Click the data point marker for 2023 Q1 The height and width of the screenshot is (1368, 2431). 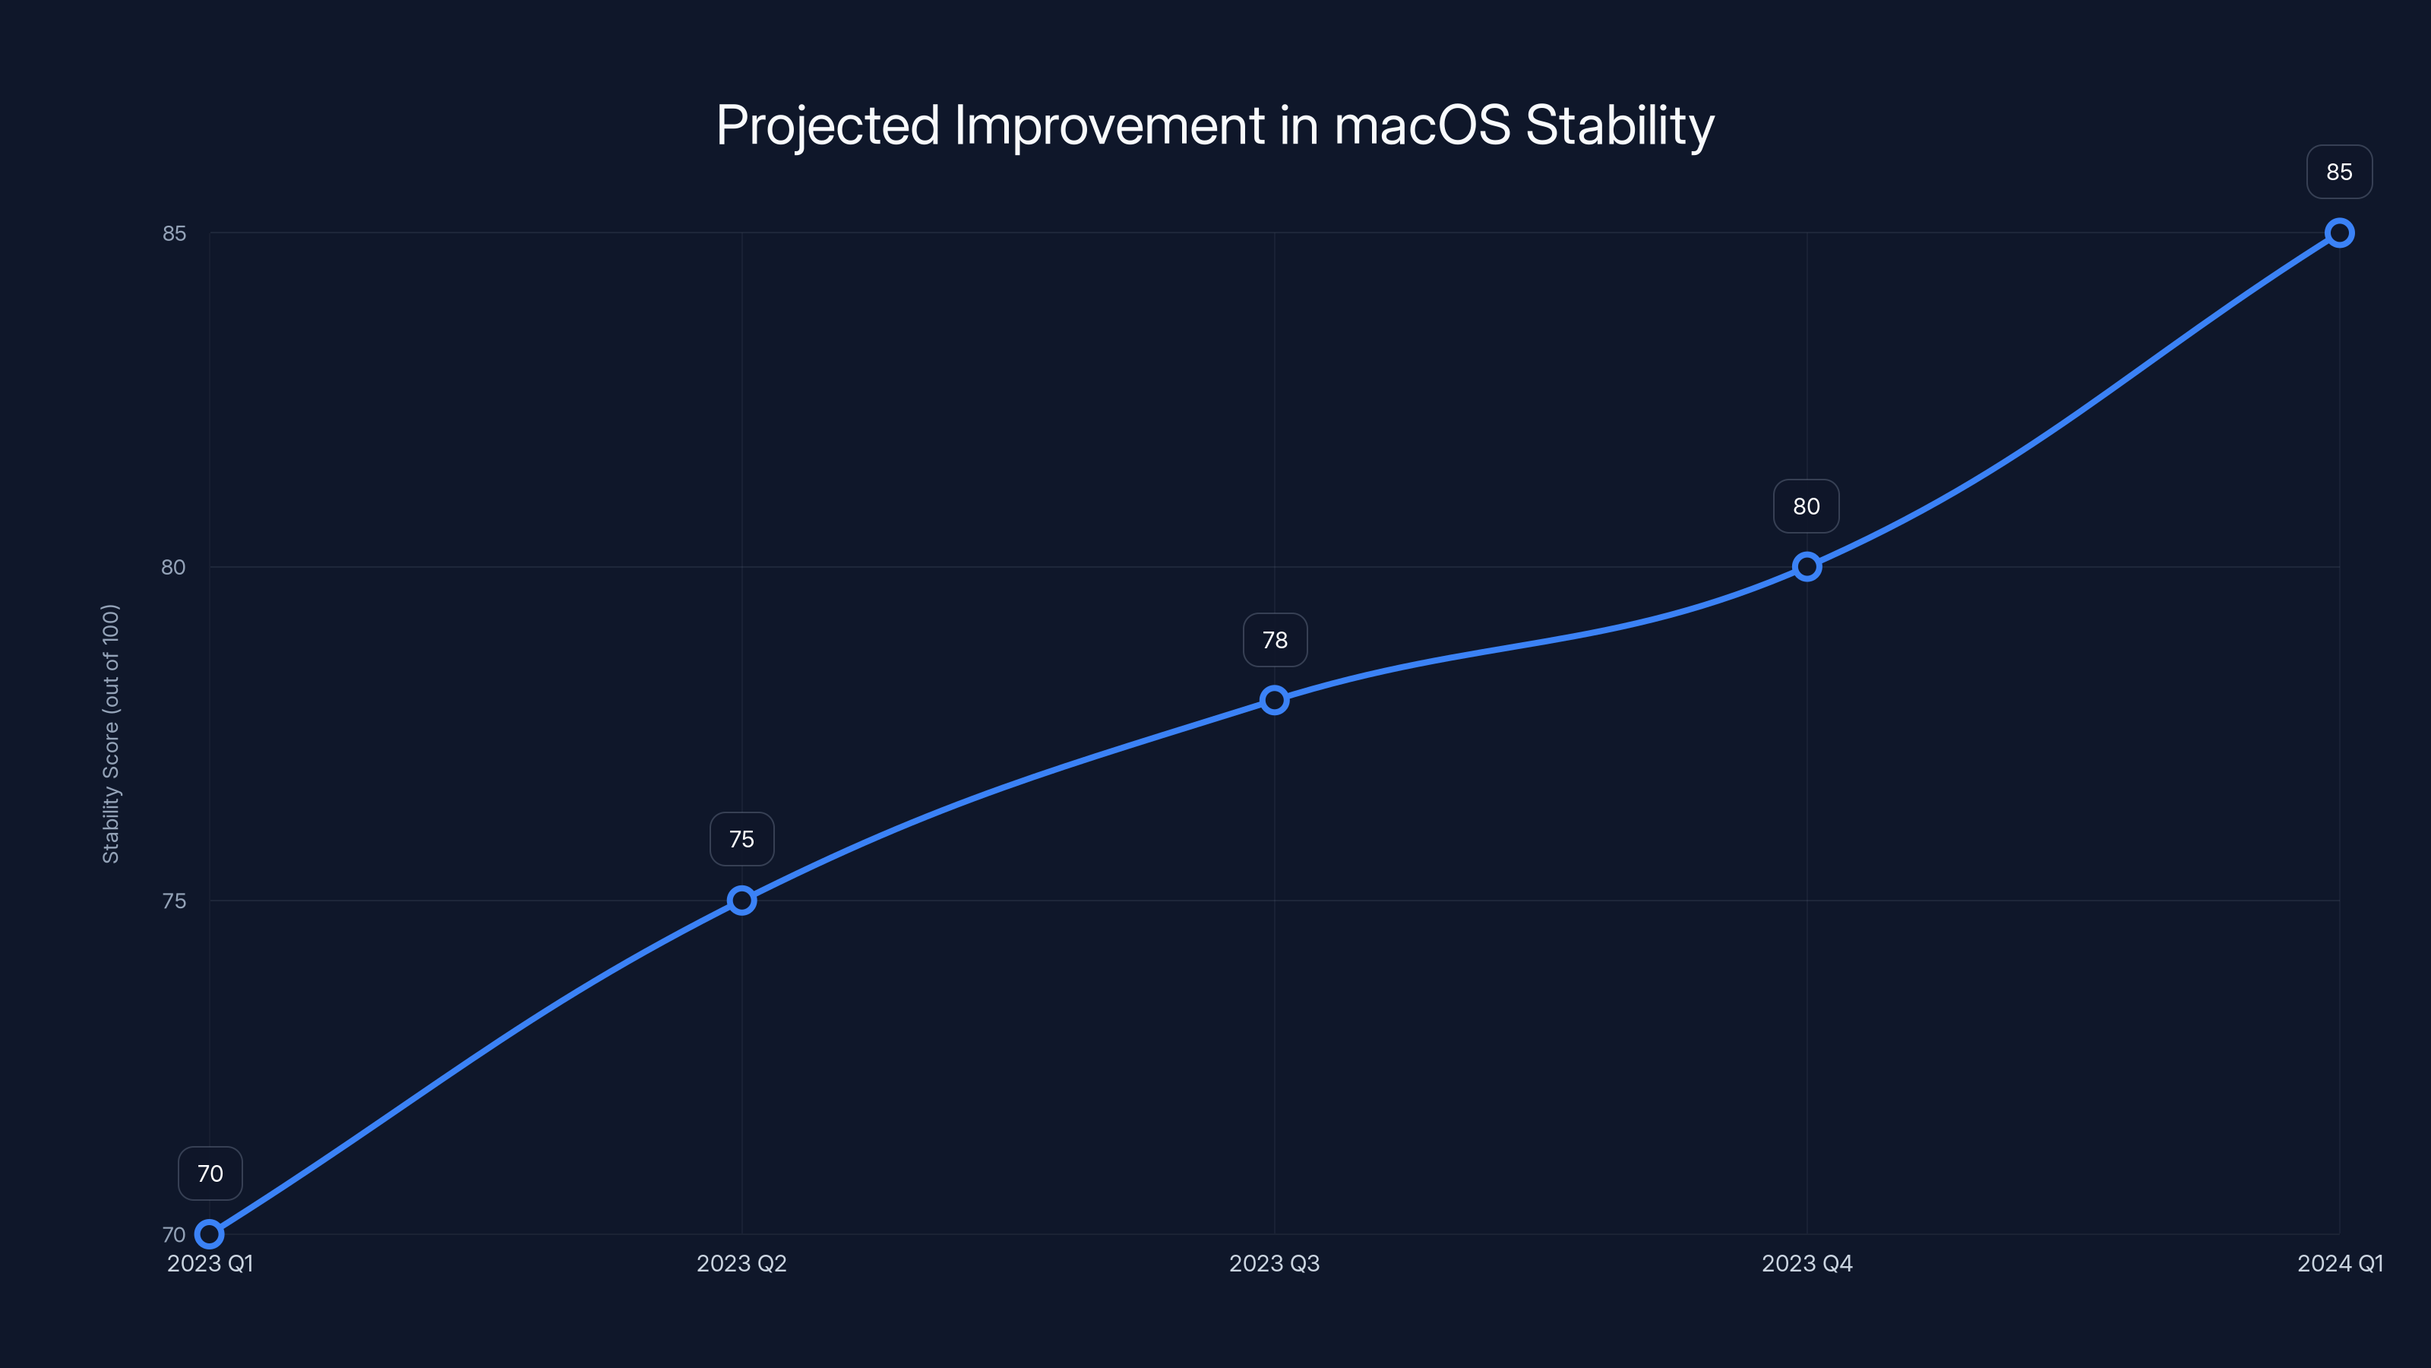[210, 1234]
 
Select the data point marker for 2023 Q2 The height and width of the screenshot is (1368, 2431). [741, 901]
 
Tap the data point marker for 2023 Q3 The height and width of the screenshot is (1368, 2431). [1274, 699]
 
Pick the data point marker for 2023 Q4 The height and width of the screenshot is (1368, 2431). [1807, 566]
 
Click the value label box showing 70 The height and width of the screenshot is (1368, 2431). [210, 1173]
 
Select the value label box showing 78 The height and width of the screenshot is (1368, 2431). [1274, 640]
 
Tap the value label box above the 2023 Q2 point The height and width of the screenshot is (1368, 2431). [741, 839]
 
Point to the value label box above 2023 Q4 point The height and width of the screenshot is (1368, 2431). [1807, 506]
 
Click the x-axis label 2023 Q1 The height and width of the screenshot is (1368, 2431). [210, 1263]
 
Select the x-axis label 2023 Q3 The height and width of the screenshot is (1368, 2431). [1274, 1263]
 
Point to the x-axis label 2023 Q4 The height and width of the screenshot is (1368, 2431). [1807, 1263]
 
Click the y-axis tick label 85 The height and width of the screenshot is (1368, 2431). [174, 233]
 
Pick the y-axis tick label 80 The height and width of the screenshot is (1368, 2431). [174, 568]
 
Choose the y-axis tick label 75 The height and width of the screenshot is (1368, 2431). [174, 901]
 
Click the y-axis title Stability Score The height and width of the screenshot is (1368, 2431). [110, 733]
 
